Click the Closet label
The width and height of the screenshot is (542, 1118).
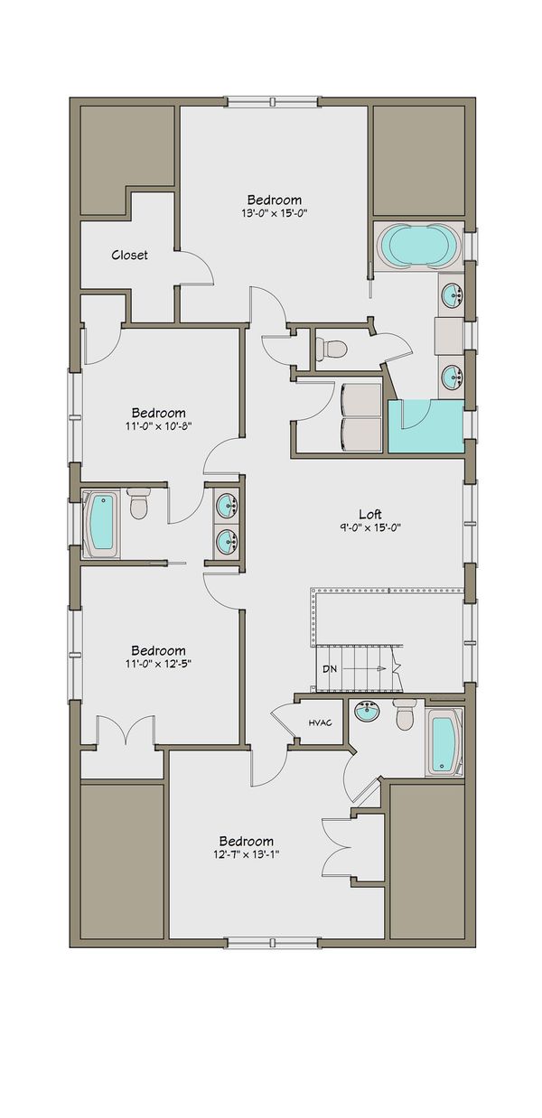(129, 255)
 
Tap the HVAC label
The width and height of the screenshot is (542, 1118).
(321, 722)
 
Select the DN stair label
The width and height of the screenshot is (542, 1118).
(331, 669)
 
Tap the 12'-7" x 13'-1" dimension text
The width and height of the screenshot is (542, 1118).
(246, 854)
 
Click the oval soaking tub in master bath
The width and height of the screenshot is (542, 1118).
(417, 245)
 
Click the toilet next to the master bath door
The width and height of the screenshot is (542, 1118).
(332, 348)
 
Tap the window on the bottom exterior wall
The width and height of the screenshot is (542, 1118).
(270, 943)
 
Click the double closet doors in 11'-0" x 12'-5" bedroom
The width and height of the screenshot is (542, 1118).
(121, 731)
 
